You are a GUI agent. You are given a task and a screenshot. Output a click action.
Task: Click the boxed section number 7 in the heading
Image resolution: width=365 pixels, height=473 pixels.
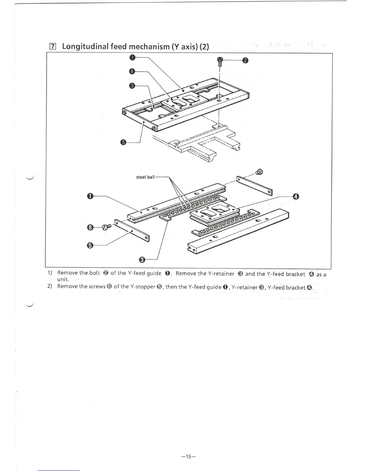click(52, 46)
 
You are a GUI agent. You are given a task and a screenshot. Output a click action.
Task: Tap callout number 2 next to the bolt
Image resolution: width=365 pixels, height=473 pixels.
click(245, 61)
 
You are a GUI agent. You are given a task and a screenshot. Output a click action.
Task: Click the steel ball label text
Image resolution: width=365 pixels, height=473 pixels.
click(145, 177)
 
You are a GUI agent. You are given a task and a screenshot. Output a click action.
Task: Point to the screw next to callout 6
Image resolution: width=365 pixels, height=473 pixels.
click(106, 227)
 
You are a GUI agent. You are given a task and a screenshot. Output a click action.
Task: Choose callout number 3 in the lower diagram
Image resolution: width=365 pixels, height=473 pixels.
click(142, 260)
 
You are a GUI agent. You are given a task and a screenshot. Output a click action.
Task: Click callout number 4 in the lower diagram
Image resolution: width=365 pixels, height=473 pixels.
click(296, 196)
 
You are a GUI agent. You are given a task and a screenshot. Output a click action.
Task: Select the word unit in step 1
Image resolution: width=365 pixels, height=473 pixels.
click(63, 279)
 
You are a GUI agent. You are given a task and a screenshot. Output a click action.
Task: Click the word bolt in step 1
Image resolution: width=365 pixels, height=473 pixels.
click(95, 273)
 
